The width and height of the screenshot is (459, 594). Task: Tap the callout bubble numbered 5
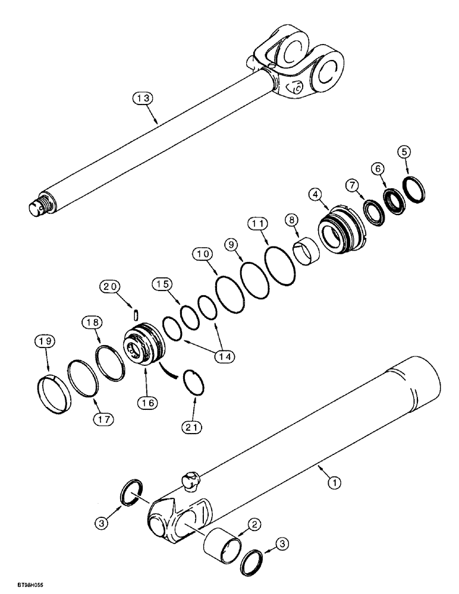click(404, 151)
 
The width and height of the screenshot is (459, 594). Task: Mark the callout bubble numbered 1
click(335, 484)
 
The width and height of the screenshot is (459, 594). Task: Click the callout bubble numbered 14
click(224, 356)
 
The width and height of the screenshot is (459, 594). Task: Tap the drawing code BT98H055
click(18, 585)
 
